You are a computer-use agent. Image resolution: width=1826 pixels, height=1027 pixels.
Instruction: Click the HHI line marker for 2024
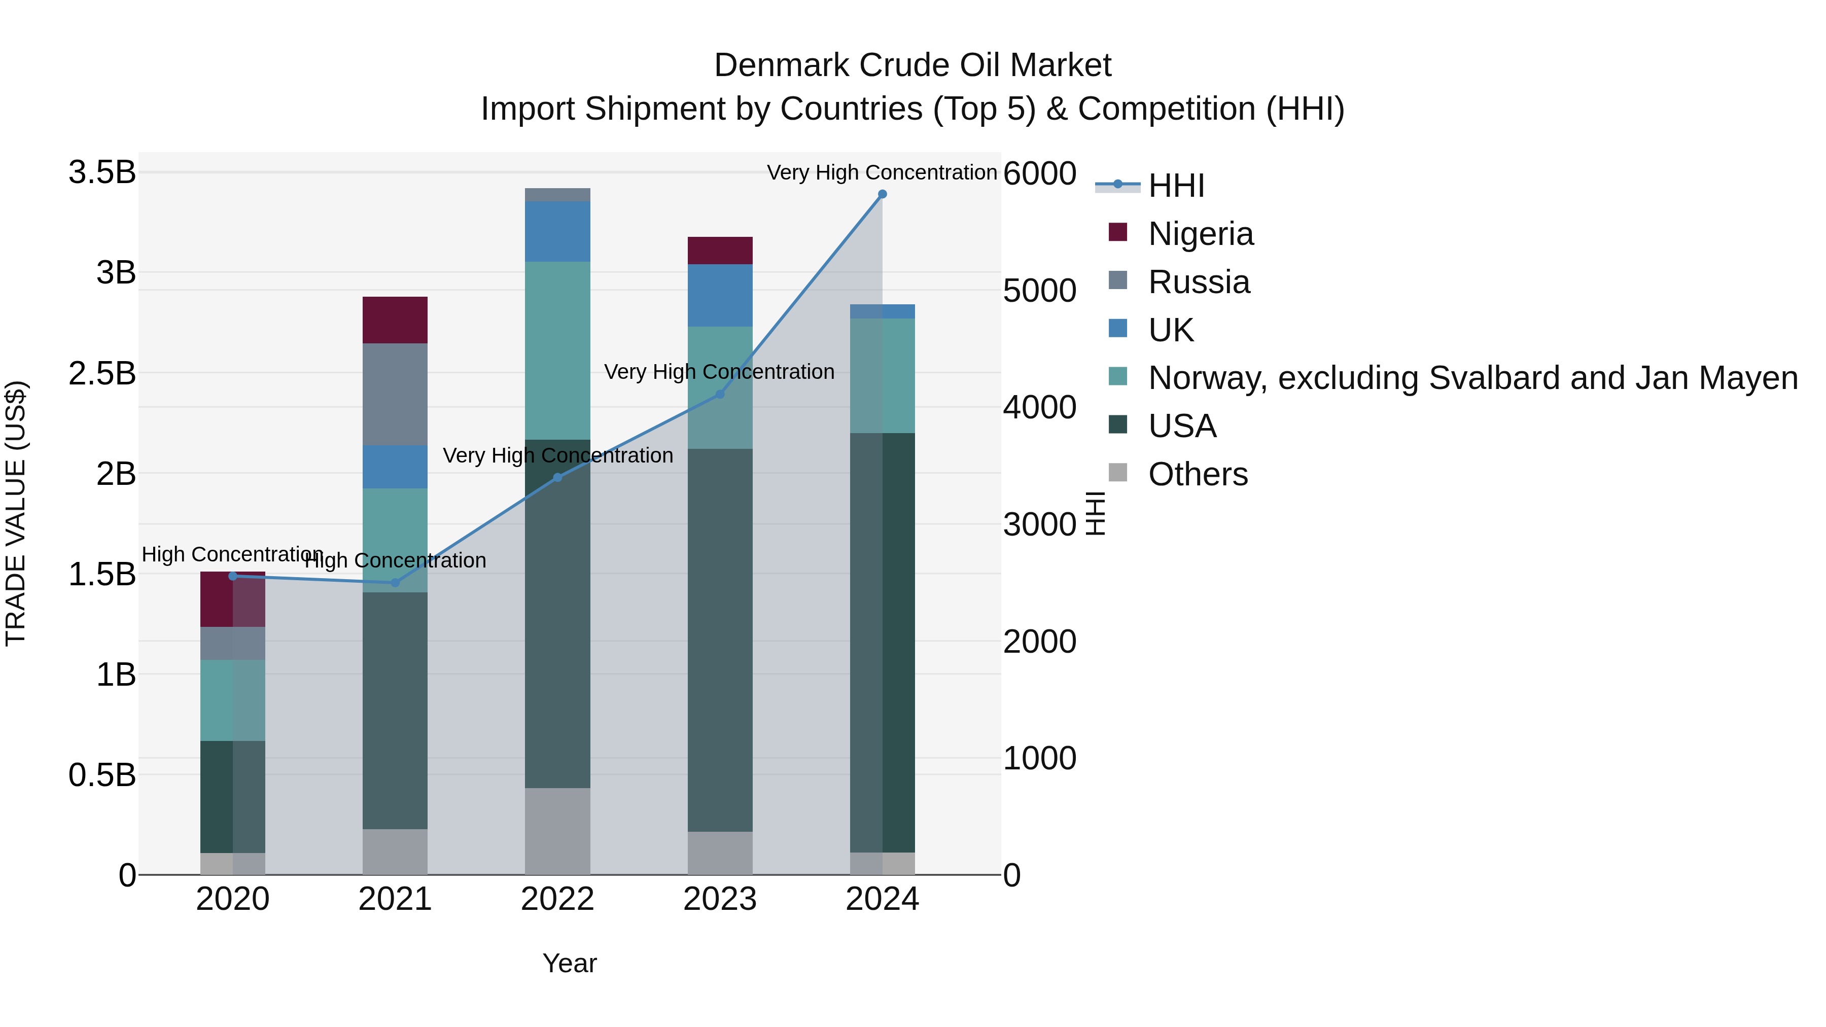coord(882,194)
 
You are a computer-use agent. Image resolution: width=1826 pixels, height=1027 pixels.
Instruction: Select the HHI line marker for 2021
coord(396,583)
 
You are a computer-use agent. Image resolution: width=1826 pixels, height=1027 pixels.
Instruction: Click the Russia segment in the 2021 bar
coord(395,394)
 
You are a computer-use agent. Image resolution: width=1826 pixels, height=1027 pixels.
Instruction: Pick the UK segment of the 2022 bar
coord(557,231)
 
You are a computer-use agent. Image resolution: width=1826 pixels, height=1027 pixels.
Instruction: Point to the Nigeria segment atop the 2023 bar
coord(719,250)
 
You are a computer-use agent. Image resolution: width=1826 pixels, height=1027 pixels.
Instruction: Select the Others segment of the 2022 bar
coord(557,831)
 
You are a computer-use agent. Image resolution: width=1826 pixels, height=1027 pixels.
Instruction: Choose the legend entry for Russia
coord(1199,282)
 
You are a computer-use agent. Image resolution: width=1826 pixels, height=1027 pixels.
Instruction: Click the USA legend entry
coord(1182,426)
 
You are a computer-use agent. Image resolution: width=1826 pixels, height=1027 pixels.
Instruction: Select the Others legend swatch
coord(1118,473)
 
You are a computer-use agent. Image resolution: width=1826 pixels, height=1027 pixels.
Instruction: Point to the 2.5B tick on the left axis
coord(101,373)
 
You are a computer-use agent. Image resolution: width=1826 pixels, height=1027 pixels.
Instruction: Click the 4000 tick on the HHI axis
coord(1039,408)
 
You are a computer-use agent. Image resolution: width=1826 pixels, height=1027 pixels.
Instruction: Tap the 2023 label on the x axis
coord(719,899)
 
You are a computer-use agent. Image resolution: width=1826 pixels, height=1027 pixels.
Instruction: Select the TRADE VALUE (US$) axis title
coord(16,513)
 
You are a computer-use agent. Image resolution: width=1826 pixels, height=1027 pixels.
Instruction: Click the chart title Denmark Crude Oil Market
coord(912,65)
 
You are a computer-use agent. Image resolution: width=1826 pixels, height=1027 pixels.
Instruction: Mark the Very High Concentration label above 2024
coord(882,172)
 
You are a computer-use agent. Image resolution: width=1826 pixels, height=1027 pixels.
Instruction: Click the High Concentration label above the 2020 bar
coord(232,554)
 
